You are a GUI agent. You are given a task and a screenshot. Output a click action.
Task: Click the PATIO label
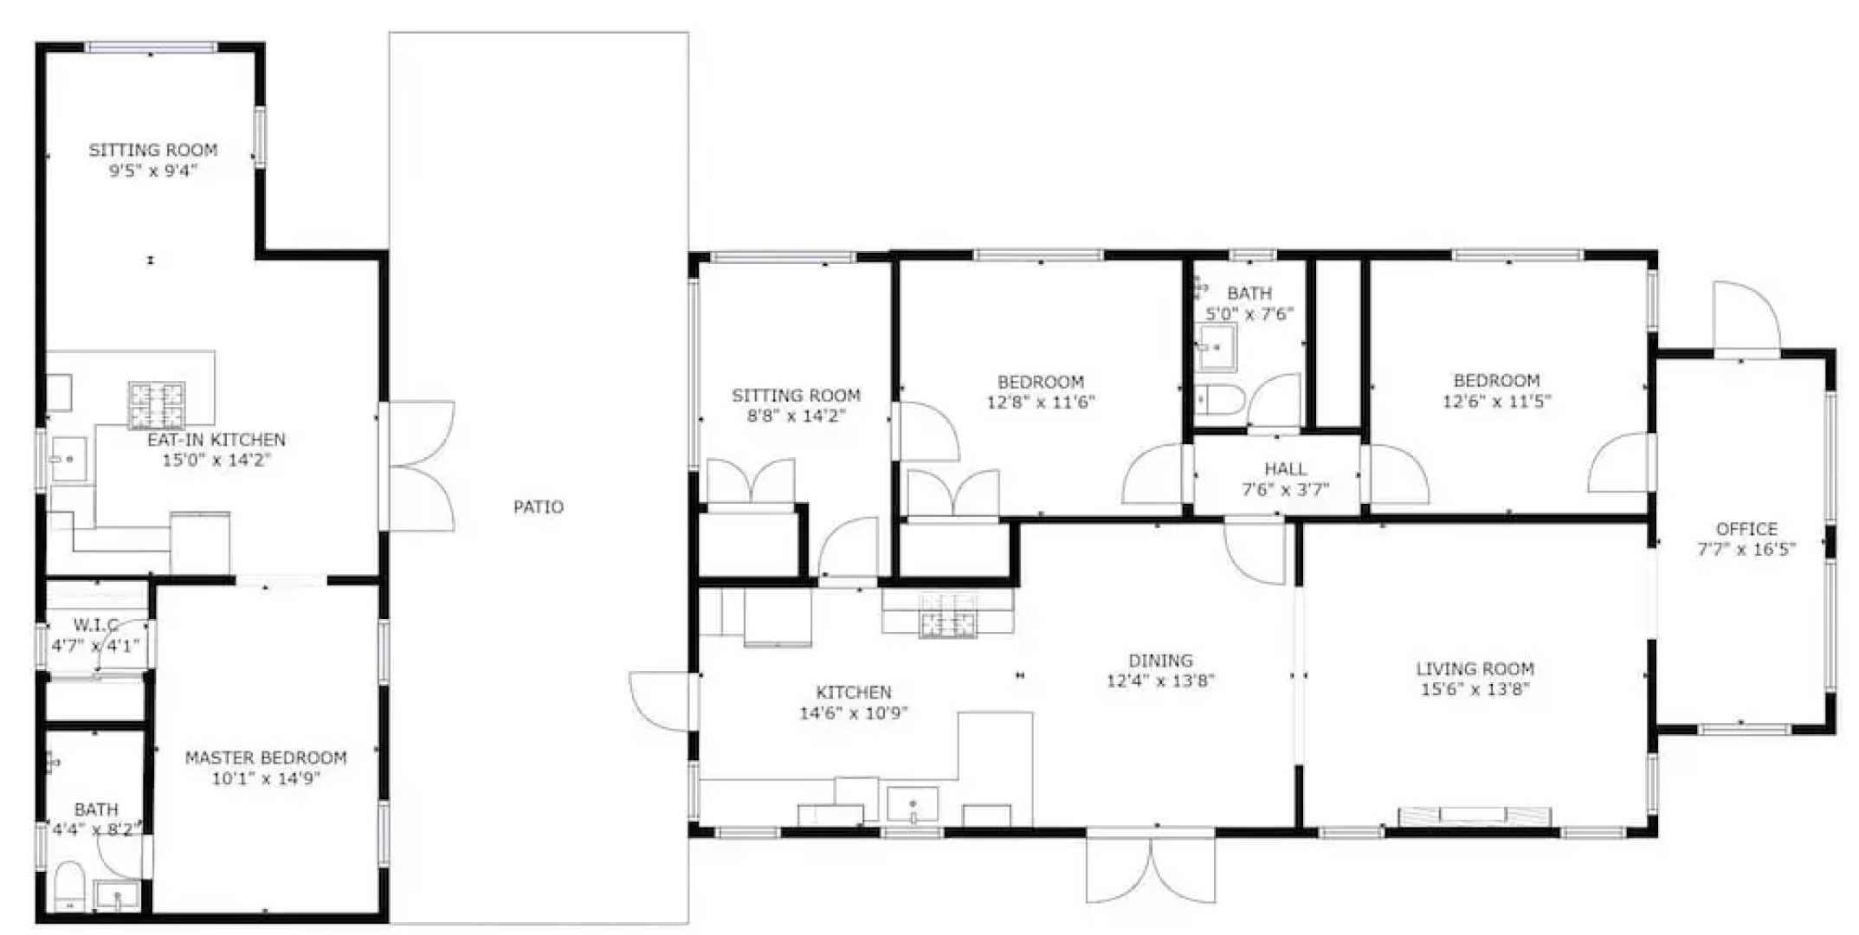tap(538, 507)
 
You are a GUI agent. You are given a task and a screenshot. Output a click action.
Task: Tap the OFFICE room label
tap(1746, 529)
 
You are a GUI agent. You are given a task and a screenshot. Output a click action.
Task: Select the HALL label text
tap(1285, 469)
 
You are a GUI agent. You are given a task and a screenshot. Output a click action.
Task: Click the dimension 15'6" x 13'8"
tap(1475, 690)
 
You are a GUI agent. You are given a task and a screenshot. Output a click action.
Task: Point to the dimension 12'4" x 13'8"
tap(1160, 681)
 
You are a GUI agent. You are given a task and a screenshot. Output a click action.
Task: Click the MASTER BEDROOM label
tap(266, 758)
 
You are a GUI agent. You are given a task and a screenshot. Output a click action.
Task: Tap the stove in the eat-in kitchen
tap(157, 405)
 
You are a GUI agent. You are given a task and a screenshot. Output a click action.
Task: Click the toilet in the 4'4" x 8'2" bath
tap(68, 886)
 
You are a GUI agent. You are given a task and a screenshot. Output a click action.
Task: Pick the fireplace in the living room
tap(1475, 816)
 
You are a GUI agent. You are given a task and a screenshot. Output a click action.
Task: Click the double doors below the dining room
tap(1151, 870)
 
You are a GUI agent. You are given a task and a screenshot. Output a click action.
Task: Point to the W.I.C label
tap(95, 625)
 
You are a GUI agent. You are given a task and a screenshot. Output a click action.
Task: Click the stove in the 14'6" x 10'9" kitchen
tap(947, 614)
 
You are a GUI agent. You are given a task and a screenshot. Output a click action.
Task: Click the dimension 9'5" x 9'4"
tap(153, 171)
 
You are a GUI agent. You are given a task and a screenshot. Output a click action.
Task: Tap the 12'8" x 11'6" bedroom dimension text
tap(1041, 403)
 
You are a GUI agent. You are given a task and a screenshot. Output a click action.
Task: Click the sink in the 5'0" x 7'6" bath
tap(1216, 348)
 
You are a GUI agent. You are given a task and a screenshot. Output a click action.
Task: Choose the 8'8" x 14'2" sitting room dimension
tap(796, 416)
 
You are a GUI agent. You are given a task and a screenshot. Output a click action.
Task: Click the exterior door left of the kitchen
tap(662, 700)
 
